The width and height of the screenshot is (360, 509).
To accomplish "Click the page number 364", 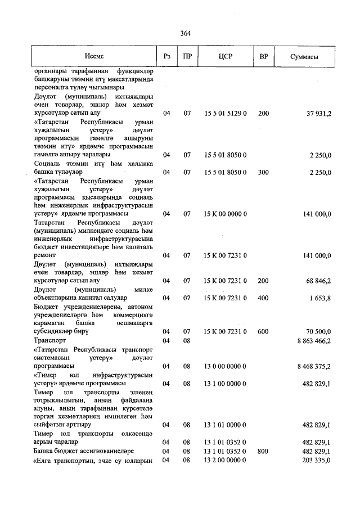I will (186, 33).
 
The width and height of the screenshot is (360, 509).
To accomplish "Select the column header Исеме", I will (94, 57).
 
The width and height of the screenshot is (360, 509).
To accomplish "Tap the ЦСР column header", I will (226, 57).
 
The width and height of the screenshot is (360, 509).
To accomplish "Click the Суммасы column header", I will (304, 57).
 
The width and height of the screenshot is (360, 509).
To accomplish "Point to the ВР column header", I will (263, 57).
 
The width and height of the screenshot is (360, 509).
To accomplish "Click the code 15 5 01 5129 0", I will (225, 114).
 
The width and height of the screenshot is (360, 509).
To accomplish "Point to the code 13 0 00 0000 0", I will (225, 366).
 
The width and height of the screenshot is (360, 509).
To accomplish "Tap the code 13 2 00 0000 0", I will (225, 460).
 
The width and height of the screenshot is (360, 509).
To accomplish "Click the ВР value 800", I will (263, 452).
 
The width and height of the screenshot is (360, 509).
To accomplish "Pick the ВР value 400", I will (263, 298).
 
